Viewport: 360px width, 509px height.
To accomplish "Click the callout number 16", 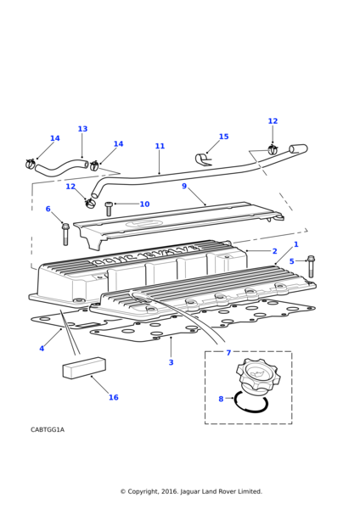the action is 114,397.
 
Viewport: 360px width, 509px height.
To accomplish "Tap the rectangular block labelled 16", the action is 84,368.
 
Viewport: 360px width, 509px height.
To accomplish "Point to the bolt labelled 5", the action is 311,266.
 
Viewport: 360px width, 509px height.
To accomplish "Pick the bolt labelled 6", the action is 65,234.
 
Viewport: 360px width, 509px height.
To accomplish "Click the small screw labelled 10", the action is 109,209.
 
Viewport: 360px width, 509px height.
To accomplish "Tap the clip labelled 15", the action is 204,159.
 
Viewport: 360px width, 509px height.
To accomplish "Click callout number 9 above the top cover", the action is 184,187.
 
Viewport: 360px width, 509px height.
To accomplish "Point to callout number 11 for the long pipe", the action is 160,146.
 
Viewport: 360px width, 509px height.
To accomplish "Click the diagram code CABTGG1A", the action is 48,430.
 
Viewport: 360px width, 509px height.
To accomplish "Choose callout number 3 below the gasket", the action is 172,362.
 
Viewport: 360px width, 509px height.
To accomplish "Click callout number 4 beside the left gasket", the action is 42,349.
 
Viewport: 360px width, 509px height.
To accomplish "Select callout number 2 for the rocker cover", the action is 275,251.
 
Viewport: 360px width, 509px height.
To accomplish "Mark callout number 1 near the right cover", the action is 296,244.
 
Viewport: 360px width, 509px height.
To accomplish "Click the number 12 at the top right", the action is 273,121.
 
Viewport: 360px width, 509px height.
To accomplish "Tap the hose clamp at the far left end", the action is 31,163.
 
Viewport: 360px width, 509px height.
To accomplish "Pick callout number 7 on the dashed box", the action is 228,353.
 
